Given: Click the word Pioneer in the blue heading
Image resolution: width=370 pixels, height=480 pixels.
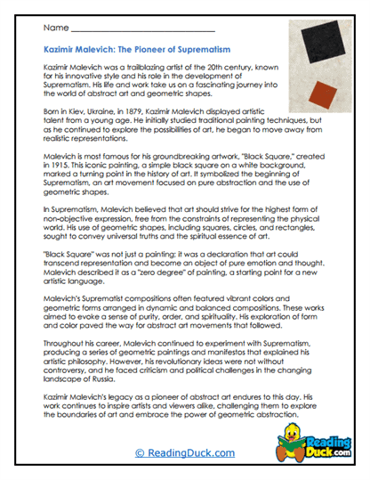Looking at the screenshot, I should coord(160,53).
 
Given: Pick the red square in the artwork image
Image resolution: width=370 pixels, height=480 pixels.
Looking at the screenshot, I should coord(321,91).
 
